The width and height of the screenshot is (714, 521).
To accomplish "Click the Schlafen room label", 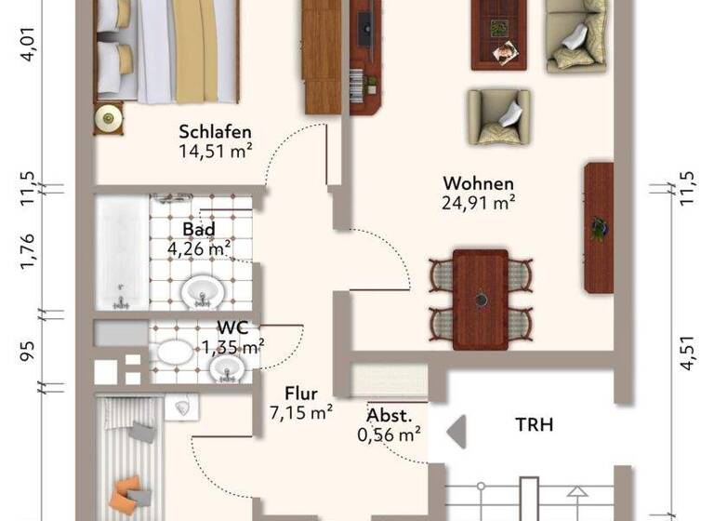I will pos(216,132).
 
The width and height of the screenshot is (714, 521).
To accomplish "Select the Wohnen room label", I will pos(478,183).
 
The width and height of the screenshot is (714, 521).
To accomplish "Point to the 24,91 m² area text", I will pos(479,202).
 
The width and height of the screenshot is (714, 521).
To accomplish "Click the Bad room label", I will pos(199,230).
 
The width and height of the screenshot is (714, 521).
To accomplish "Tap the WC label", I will pos(232,327).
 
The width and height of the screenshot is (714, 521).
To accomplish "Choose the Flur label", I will pos(301,394).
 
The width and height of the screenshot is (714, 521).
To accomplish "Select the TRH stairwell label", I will pos(535,425).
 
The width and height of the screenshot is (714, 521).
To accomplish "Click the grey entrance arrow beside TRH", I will pos(456,433).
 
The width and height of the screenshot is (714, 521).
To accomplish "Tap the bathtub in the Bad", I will pos(122,251).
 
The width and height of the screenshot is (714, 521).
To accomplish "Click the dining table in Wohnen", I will pos(481,298).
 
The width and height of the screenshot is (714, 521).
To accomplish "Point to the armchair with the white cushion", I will pos(498,116).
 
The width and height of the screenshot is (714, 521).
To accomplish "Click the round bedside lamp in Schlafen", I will pos(109,117).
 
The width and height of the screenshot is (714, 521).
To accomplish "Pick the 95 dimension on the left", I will pos(27,351).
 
